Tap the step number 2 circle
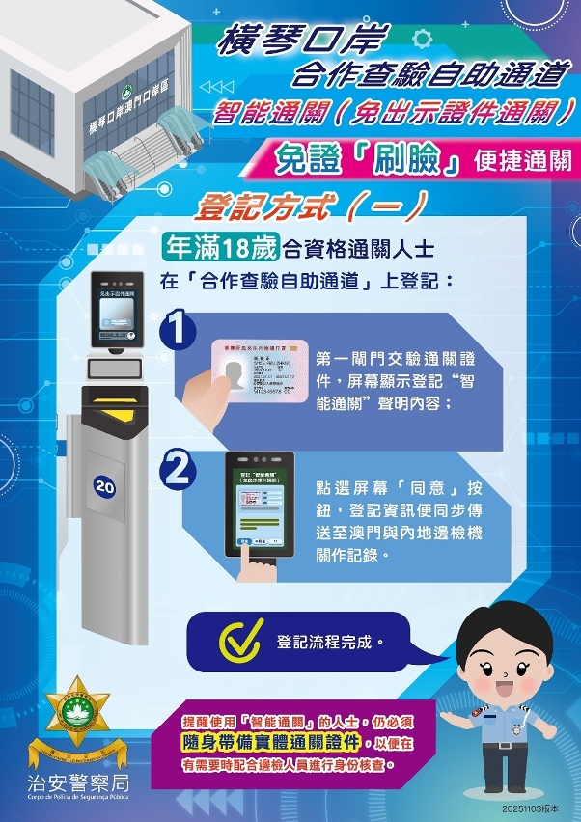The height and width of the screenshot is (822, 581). pos(180,470)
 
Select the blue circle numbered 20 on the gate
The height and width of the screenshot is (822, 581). pos(104,488)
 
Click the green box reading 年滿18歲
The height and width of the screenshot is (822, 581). pos(220,248)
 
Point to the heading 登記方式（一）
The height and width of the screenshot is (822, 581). pos(312,205)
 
